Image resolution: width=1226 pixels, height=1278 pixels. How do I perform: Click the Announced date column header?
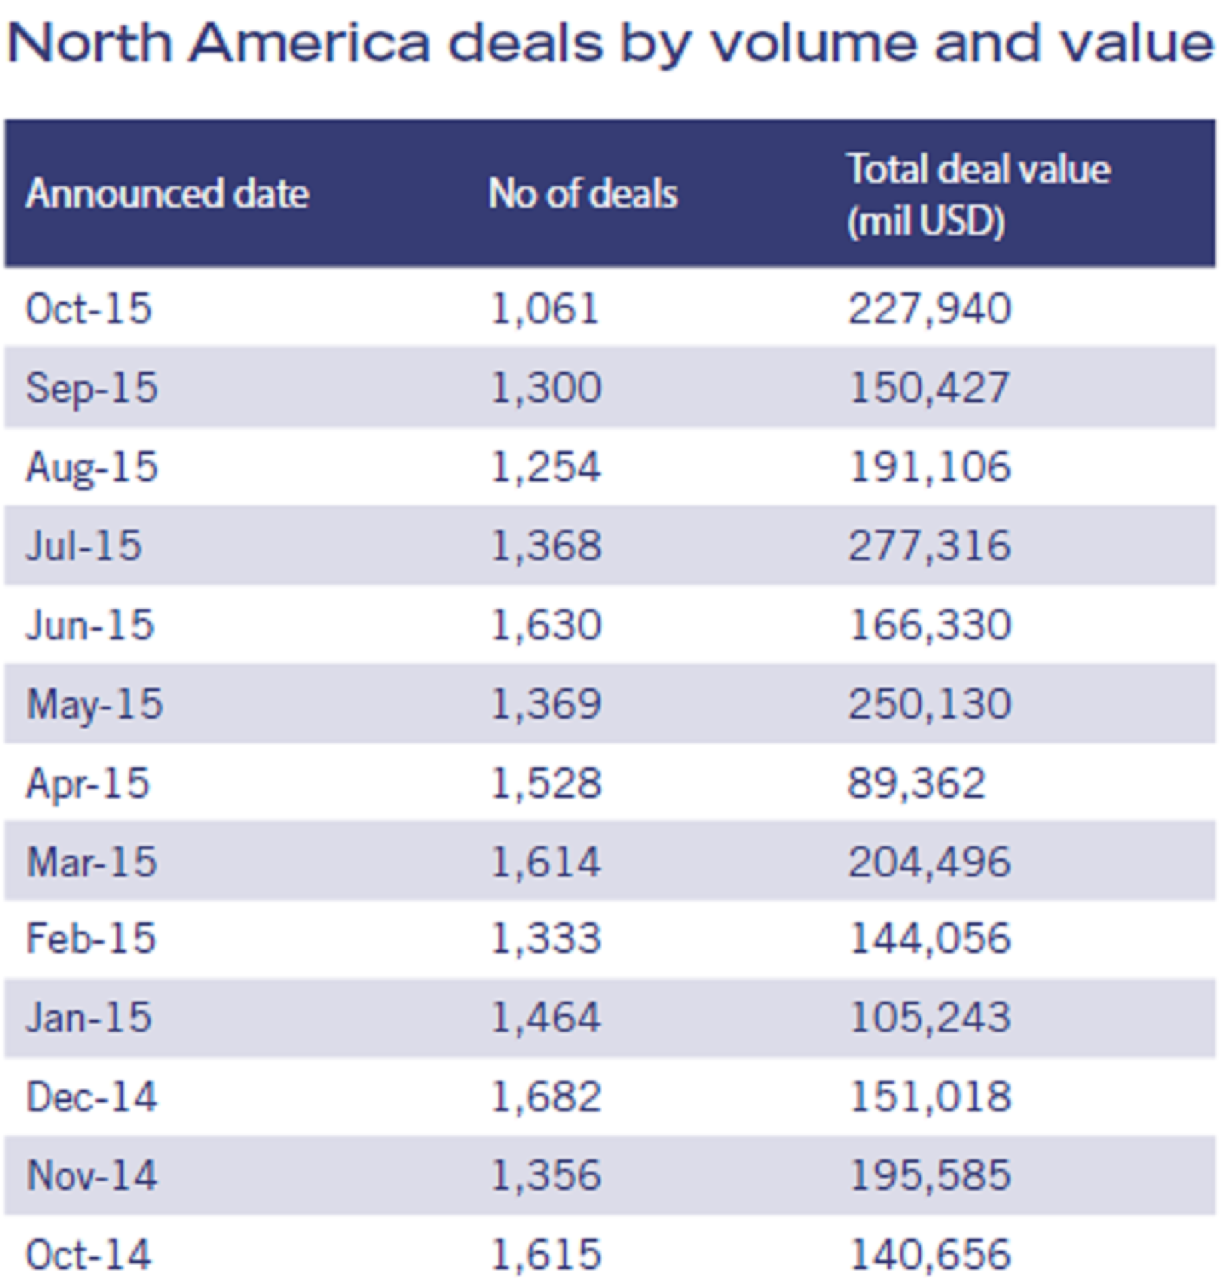coord(167,194)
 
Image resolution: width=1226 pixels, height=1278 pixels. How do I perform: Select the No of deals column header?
coord(583,194)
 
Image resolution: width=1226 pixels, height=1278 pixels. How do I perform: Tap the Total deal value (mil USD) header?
coord(978,194)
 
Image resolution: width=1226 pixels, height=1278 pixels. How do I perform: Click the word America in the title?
coord(310,43)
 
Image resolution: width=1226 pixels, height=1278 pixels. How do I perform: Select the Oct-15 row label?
coord(89,309)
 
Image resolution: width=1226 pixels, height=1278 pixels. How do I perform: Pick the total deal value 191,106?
coord(930,466)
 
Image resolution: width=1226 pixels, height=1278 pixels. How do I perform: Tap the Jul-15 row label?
coord(84,545)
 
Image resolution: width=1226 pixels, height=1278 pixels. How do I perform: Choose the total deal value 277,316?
coord(930,545)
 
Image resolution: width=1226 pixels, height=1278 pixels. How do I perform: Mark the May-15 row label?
coord(95,704)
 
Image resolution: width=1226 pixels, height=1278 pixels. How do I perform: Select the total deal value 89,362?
coord(916,783)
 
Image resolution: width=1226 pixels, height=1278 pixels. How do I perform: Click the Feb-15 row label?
coord(91,938)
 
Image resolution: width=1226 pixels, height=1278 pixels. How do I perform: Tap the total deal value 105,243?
coord(930,1018)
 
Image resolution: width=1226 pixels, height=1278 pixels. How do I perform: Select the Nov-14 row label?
coord(92,1175)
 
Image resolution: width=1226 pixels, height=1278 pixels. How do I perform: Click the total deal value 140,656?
coord(930,1255)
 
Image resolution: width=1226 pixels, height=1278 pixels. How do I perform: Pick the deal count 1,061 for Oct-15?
coord(545,309)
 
